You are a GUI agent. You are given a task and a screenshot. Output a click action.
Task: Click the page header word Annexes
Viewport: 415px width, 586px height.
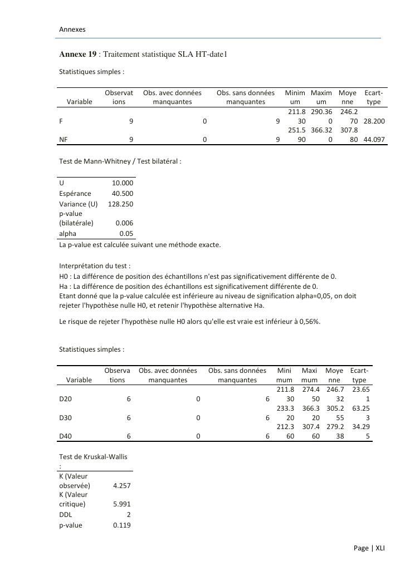click(x=72, y=29)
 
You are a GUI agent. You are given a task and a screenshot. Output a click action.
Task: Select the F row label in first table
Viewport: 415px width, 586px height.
click(x=61, y=121)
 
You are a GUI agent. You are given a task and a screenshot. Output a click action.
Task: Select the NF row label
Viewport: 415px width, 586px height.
click(x=63, y=140)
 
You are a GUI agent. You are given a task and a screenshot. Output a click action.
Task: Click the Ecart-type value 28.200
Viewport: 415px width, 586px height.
click(x=374, y=121)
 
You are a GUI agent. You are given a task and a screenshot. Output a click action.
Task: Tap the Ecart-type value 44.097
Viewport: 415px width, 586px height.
click(x=374, y=140)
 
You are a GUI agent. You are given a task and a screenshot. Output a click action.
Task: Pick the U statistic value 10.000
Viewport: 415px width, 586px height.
click(x=123, y=183)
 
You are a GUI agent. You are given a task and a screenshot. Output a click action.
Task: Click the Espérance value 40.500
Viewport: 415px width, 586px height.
click(x=123, y=193)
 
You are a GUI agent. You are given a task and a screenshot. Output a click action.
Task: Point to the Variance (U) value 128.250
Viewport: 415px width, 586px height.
click(x=120, y=204)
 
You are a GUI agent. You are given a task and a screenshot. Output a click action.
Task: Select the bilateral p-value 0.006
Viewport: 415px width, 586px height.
click(x=125, y=223)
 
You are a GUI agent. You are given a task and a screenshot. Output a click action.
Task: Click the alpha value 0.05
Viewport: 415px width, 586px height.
click(x=126, y=234)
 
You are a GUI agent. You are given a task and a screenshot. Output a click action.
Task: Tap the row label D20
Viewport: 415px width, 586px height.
click(x=65, y=399)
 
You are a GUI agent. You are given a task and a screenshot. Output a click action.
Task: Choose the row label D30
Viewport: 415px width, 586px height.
click(x=65, y=417)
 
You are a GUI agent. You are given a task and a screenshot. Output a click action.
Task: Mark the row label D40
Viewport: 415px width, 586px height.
click(x=65, y=436)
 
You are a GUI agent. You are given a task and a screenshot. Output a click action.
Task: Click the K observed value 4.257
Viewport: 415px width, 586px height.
click(x=122, y=485)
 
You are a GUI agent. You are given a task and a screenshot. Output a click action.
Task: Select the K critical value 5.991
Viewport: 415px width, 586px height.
click(x=122, y=504)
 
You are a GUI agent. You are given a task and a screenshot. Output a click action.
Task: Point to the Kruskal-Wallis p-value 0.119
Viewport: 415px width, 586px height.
click(x=122, y=525)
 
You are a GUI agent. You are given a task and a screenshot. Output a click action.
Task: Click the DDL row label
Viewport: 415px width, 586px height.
click(x=66, y=515)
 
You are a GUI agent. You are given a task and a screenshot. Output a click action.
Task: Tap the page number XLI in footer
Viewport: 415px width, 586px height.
click(x=380, y=548)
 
